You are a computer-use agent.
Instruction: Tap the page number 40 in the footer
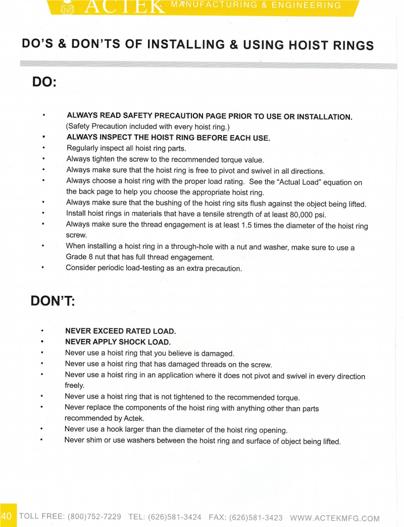[x=7, y=516]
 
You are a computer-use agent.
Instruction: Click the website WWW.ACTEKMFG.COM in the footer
[x=335, y=518]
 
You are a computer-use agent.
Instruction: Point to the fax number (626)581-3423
[x=256, y=517]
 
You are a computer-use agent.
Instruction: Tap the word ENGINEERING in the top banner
[x=306, y=6]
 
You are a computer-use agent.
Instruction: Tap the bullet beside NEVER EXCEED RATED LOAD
[x=42, y=331]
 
